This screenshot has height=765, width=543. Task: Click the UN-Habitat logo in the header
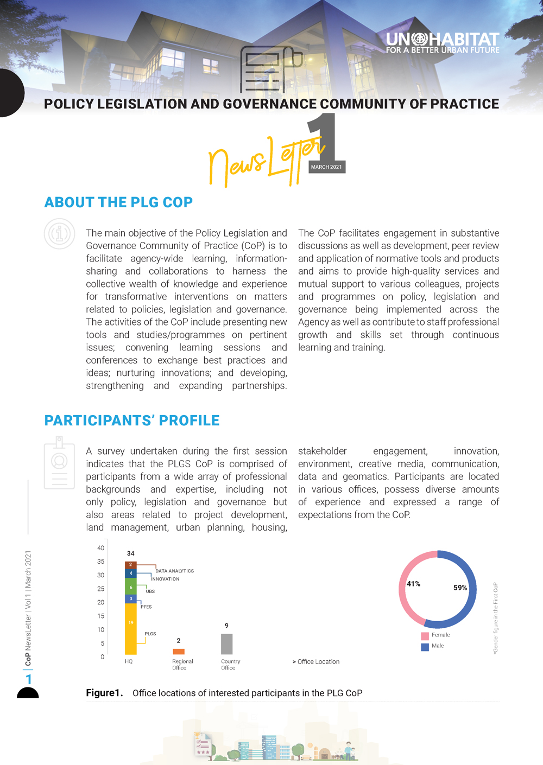(x=442, y=43)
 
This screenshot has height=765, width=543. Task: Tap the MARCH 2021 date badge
(x=326, y=167)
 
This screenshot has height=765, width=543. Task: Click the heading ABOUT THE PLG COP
(x=118, y=202)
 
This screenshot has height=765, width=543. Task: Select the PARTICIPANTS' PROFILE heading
(x=132, y=420)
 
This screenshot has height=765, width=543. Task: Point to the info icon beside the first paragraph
(x=59, y=234)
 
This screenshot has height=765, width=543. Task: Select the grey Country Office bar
(x=226, y=644)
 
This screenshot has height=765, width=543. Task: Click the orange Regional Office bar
(x=179, y=652)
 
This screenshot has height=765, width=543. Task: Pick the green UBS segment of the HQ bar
(x=131, y=586)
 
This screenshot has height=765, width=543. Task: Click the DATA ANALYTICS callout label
(x=174, y=571)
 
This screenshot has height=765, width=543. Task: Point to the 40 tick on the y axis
(x=100, y=548)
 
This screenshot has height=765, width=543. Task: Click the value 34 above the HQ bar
(x=130, y=553)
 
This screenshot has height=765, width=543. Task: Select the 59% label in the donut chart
(x=460, y=588)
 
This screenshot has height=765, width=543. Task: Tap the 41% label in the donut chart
(x=413, y=584)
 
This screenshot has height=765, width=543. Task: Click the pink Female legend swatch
(x=425, y=635)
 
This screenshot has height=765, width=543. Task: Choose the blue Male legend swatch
(x=425, y=647)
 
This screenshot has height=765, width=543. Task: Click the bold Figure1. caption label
(x=104, y=693)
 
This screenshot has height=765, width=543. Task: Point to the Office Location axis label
(x=316, y=662)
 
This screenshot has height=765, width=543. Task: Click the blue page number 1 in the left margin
(x=29, y=679)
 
